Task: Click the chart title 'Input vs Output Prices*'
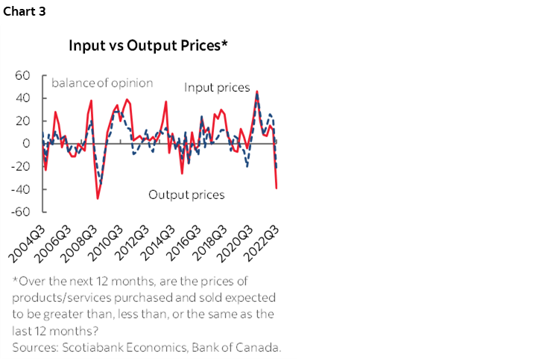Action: (x=148, y=45)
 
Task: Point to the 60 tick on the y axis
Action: (x=22, y=75)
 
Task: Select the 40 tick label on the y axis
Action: (x=22, y=98)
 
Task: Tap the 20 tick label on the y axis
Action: (x=22, y=121)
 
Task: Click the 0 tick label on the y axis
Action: (x=25, y=143)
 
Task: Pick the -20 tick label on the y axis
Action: (x=20, y=166)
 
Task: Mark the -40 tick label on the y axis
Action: (x=20, y=189)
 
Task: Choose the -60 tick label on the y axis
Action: (x=20, y=212)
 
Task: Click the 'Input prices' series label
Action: (x=217, y=88)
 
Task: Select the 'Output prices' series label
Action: (x=186, y=195)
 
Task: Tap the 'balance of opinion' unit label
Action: (x=101, y=83)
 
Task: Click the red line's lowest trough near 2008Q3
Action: (x=98, y=198)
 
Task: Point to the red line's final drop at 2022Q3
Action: (x=277, y=188)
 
